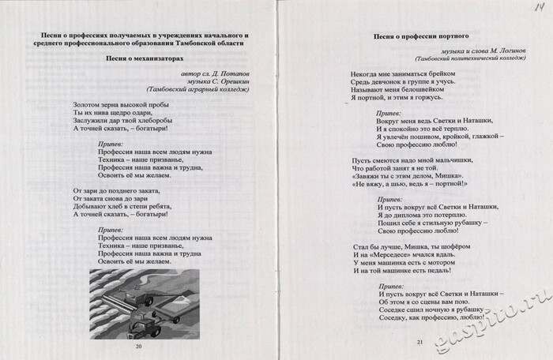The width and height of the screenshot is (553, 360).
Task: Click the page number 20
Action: point(139,346)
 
